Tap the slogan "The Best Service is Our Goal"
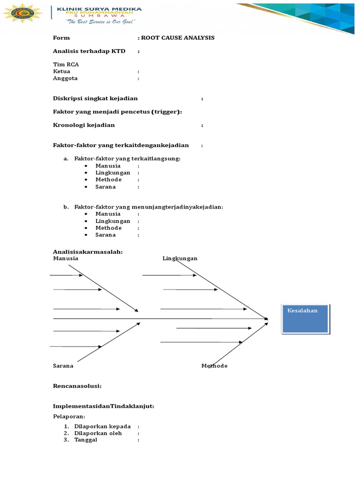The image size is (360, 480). pos(100,22)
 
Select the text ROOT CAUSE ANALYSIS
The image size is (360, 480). pos(178,37)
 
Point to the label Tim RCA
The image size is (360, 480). pos(66,64)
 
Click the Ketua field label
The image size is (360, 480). pos(62,71)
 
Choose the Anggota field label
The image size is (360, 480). pos(66,78)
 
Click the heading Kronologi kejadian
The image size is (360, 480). pos(84,125)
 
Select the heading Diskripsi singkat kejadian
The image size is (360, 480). pos(95,98)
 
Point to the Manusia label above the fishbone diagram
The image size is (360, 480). pos(66,258)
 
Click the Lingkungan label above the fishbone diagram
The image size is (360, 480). pos(180,258)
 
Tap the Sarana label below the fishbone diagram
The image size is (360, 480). pos(63,366)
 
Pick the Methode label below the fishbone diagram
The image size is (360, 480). pos(215,366)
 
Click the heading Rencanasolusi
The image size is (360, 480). pos(77,386)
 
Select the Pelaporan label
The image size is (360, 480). pos(69,416)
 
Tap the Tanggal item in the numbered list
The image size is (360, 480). pos(86,440)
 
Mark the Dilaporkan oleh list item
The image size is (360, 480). pos(98,433)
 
